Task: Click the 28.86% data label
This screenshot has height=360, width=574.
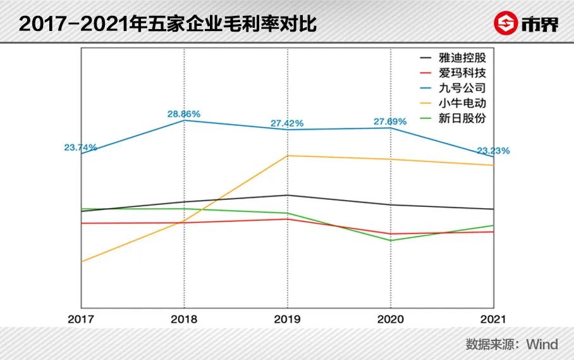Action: pos(184,114)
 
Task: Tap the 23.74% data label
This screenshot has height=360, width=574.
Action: pos(80,147)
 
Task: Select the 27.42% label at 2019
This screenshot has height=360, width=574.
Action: pos(288,123)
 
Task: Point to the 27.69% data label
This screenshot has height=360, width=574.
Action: pos(390,121)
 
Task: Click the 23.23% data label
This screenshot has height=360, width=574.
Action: pos(493,151)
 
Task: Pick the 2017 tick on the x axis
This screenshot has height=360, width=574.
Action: pos(80,319)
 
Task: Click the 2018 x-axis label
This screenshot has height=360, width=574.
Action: pos(184,319)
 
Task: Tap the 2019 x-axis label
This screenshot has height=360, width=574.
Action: pos(288,319)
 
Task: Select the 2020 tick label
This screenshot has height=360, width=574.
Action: pos(390,319)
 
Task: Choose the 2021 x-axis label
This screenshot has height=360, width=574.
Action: pos(493,319)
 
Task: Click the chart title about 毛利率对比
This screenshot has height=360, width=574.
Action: pos(168,23)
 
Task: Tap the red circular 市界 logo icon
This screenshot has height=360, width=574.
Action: pos(505,23)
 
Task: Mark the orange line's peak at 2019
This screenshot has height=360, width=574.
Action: pos(288,156)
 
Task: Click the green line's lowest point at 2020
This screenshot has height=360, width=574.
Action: pos(390,240)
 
